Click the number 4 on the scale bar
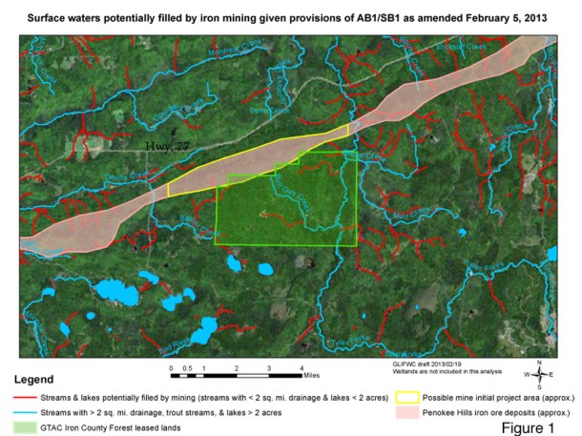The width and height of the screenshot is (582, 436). coord(301,366)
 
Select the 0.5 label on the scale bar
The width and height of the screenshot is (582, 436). coord(187,366)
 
